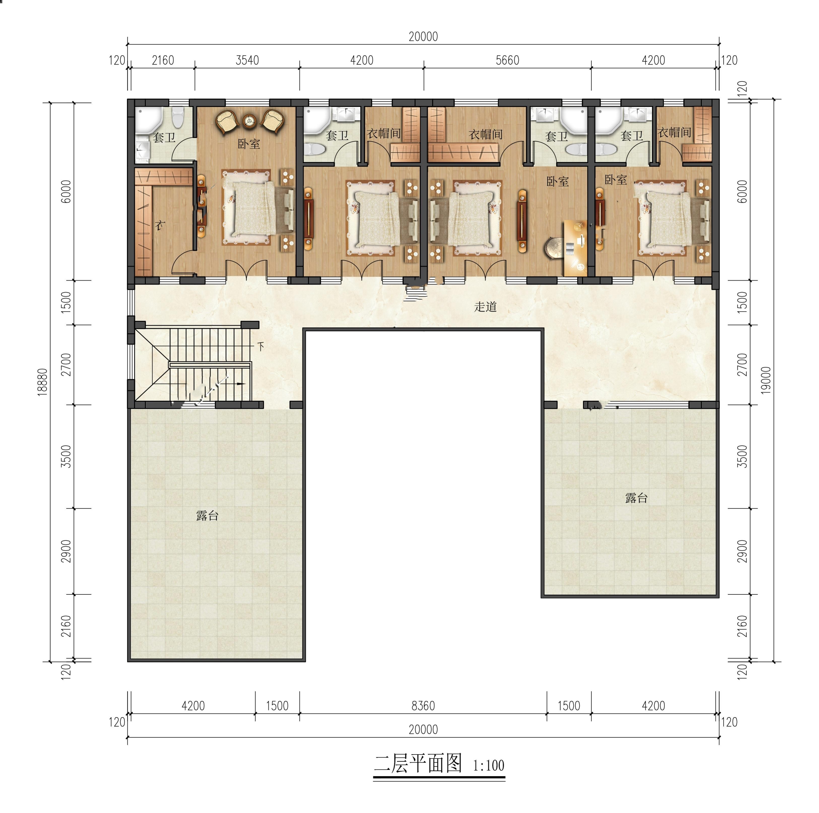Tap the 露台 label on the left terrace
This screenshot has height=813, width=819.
[207, 515]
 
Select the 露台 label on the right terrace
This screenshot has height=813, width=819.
[636, 498]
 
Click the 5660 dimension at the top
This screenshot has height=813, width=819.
[507, 60]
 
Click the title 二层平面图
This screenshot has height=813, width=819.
[418, 763]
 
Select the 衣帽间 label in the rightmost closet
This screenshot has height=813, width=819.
[674, 132]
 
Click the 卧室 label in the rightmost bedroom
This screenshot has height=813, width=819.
[615, 180]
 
